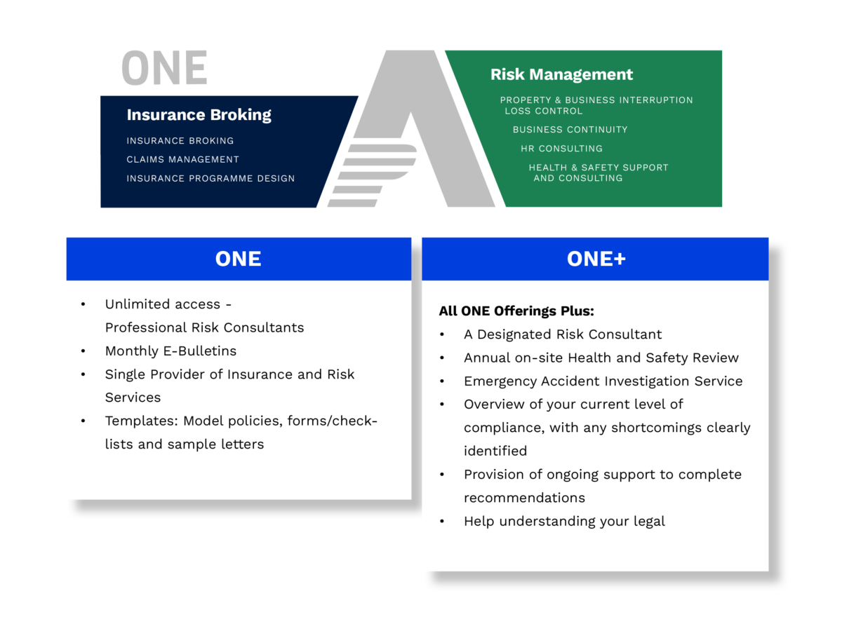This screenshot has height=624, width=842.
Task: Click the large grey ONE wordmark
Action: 164,69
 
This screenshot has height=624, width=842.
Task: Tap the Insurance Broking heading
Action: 199,115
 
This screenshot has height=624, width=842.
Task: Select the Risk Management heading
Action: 561,74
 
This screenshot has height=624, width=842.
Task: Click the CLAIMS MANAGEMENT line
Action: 182,159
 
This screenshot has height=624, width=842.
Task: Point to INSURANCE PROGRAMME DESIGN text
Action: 210,178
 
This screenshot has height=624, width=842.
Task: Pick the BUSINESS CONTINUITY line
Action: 570,129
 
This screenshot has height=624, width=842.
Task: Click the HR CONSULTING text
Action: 561,148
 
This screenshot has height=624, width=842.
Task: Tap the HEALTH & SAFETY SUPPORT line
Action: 598,167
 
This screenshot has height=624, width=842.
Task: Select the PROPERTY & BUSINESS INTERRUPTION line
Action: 596,100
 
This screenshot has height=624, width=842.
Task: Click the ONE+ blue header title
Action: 596,259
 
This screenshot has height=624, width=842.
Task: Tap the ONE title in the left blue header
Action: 238,259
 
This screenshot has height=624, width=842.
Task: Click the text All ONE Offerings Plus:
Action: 516,311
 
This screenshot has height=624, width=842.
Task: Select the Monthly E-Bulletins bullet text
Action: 171,351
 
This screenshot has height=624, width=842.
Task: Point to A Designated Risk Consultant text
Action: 562,334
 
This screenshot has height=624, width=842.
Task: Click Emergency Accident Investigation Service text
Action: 603,381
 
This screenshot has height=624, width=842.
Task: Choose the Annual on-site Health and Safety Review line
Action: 601,358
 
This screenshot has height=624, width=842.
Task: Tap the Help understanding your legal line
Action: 564,521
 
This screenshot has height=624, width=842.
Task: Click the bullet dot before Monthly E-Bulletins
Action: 83,351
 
